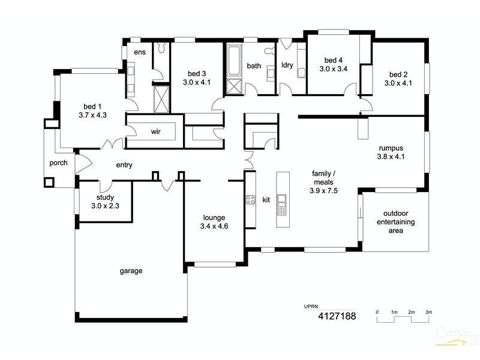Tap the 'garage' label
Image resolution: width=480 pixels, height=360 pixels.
[x=131, y=271]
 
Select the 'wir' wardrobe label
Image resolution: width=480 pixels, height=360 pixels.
[x=155, y=131]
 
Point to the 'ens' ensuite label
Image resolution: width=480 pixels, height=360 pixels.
[x=139, y=52]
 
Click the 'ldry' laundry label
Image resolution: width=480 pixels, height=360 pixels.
[x=287, y=65]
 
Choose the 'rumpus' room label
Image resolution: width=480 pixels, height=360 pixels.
[x=390, y=148]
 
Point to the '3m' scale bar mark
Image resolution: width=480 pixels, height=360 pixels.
[x=428, y=312]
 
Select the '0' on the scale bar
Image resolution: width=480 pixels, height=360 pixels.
[x=377, y=312]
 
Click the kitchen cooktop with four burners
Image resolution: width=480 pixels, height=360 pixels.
[x=250, y=199]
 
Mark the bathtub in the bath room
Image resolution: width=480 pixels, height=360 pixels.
[x=233, y=62]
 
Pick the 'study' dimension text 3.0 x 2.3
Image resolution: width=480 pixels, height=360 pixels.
[x=106, y=206]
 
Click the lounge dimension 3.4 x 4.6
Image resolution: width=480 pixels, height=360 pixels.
[x=214, y=226]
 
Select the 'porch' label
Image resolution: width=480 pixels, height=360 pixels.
[x=58, y=163]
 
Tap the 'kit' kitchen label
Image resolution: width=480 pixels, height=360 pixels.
[x=266, y=199]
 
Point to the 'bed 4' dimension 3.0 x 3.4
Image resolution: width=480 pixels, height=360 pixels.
[x=333, y=69]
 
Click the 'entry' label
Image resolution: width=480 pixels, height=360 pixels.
[x=124, y=165]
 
